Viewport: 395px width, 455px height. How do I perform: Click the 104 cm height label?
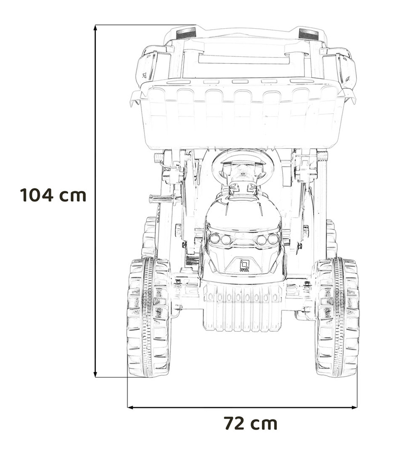click(53, 195)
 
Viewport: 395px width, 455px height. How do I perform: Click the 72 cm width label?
click(250, 424)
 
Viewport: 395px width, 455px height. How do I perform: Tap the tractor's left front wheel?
click(149, 317)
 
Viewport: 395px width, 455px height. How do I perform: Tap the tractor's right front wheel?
click(337, 317)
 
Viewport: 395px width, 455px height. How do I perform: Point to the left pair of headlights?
click(220, 239)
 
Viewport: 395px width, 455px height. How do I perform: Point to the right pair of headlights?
click(267, 239)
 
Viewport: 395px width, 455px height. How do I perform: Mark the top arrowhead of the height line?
click(95, 27)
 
